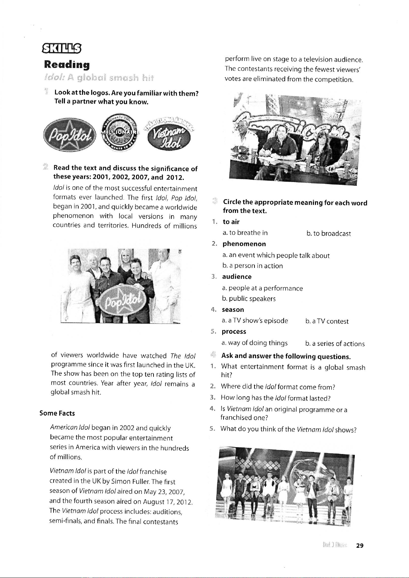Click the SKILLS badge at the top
(x=60, y=49)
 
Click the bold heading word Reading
(x=67, y=65)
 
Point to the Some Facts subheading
(x=57, y=413)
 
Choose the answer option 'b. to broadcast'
(x=329, y=234)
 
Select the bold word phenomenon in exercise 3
(x=244, y=244)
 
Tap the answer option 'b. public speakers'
(x=249, y=299)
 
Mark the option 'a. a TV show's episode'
(x=255, y=321)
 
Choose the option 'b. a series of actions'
(x=335, y=344)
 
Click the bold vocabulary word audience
(x=237, y=276)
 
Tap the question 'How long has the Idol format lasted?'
(x=276, y=398)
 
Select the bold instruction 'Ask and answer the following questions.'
(x=286, y=356)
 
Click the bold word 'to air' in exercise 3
(x=231, y=222)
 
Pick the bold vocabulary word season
(x=233, y=309)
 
